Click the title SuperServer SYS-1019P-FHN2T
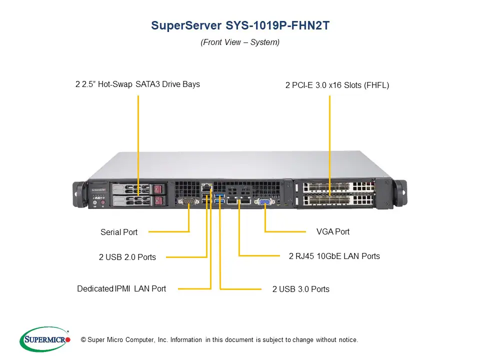click(x=240, y=25)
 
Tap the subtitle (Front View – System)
click(x=240, y=42)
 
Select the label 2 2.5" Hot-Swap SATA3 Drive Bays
click(x=137, y=84)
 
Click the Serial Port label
click(x=119, y=232)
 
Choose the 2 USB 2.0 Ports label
click(x=127, y=257)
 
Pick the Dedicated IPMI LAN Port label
click(x=121, y=288)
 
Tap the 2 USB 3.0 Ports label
click(x=301, y=289)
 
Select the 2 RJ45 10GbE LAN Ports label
click(x=334, y=256)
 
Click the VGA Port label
click(x=333, y=231)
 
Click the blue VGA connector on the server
click(x=264, y=202)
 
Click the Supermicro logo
click(x=45, y=339)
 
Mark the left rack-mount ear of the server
click(x=79, y=192)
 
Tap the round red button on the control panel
click(x=103, y=203)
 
